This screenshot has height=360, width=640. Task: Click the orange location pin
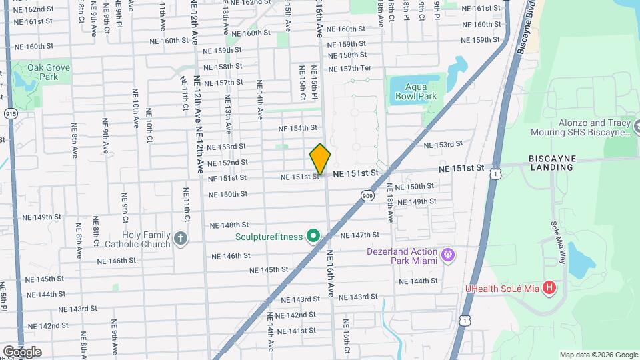(x=320, y=159)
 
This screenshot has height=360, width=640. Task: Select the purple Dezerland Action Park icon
(x=449, y=255)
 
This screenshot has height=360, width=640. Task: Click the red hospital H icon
(x=549, y=288)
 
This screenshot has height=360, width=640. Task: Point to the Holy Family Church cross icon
(x=180, y=239)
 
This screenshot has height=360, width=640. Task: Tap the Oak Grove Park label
(x=43, y=72)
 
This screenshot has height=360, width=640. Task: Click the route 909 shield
(x=368, y=195)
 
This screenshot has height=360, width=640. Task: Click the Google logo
(x=22, y=351)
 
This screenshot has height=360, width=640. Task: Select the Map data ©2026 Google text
(x=598, y=355)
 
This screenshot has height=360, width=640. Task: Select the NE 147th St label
(x=359, y=235)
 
